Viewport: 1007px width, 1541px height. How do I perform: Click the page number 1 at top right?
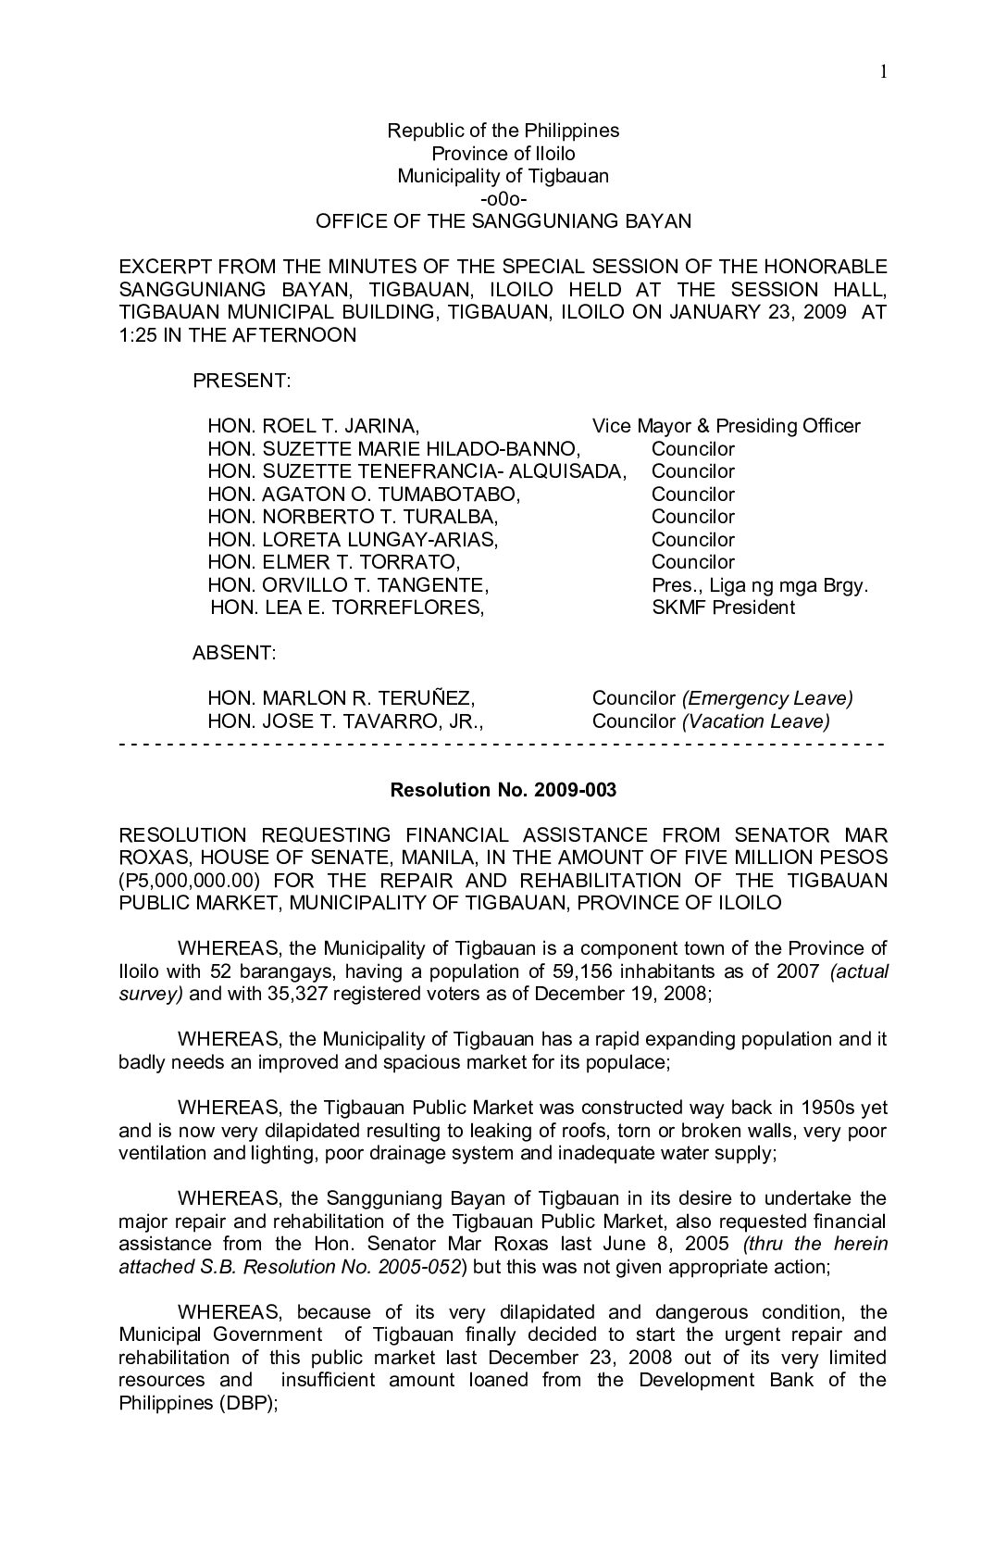pyautogui.click(x=884, y=73)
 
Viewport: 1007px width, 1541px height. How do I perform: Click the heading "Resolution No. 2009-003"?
pyautogui.click(x=503, y=790)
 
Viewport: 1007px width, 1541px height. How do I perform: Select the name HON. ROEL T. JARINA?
pyautogui.click(x=314, y=426)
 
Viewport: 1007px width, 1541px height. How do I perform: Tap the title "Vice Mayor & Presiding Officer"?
pyautogui.click(x=726, y=426)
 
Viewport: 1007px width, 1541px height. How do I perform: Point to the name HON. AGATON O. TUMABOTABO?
pyautogui.click(x=365, y=495)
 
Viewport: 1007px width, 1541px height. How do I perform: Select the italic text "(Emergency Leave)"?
pyautogui.click(x=767, y=698)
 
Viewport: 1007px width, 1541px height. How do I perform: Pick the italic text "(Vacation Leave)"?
pyautogui.click(x=755, y=721)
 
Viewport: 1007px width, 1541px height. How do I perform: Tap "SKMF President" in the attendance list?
pyautogui.click(x=723, y=608)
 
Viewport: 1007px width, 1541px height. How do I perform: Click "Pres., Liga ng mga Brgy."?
pyautogui.click(x=760, y=585)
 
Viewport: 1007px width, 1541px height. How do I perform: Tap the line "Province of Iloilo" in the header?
pyautogui.click(x=503, y=154)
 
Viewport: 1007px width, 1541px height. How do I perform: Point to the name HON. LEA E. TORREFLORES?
pyautogui.click(x=347, y=608)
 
